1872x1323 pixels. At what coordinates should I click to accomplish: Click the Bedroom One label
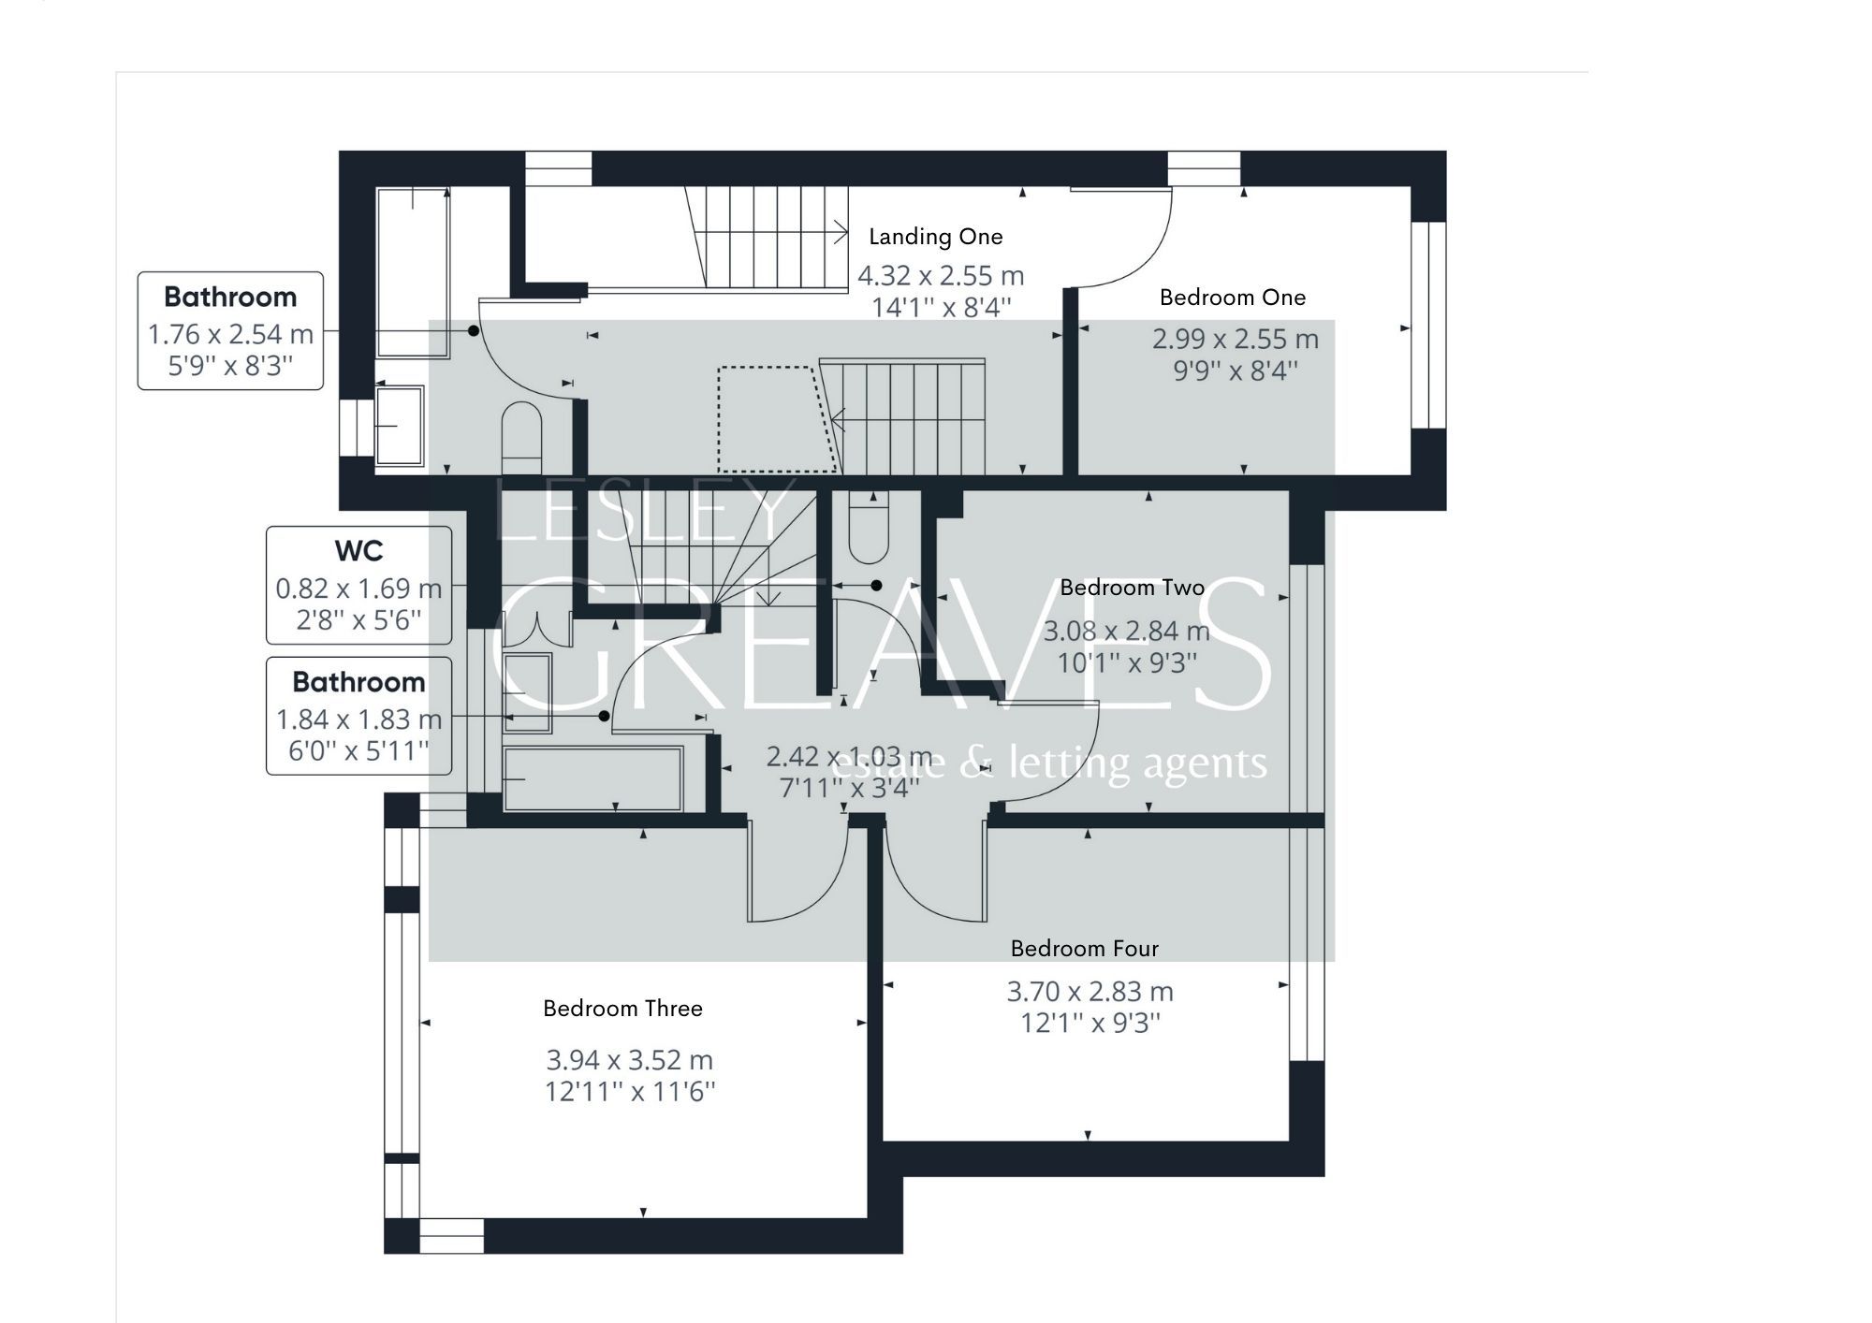1232,298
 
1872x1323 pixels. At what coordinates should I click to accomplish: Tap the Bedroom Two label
1132,588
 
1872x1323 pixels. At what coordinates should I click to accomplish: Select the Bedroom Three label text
622,1009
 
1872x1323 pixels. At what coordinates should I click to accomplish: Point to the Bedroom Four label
1084,949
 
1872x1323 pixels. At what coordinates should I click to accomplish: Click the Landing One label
935,237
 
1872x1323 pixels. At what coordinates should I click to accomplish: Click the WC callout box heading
358,551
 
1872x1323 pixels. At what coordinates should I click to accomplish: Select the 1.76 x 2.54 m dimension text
230,334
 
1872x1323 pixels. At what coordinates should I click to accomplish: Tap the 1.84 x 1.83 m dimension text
358,720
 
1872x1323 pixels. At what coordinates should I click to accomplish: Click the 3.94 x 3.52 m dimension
629,1060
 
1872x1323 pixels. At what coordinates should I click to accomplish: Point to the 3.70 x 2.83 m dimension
1090,991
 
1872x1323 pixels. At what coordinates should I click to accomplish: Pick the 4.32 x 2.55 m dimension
941,276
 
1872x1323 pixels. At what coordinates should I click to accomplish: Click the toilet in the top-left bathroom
522,437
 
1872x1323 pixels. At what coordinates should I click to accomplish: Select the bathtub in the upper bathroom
413,271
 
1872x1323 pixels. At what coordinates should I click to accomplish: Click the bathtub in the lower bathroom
592,778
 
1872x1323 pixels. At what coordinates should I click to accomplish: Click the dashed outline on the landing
775,418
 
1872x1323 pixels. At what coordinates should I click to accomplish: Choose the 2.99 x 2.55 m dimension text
1235,339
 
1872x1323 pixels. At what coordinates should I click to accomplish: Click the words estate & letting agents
1048,763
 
